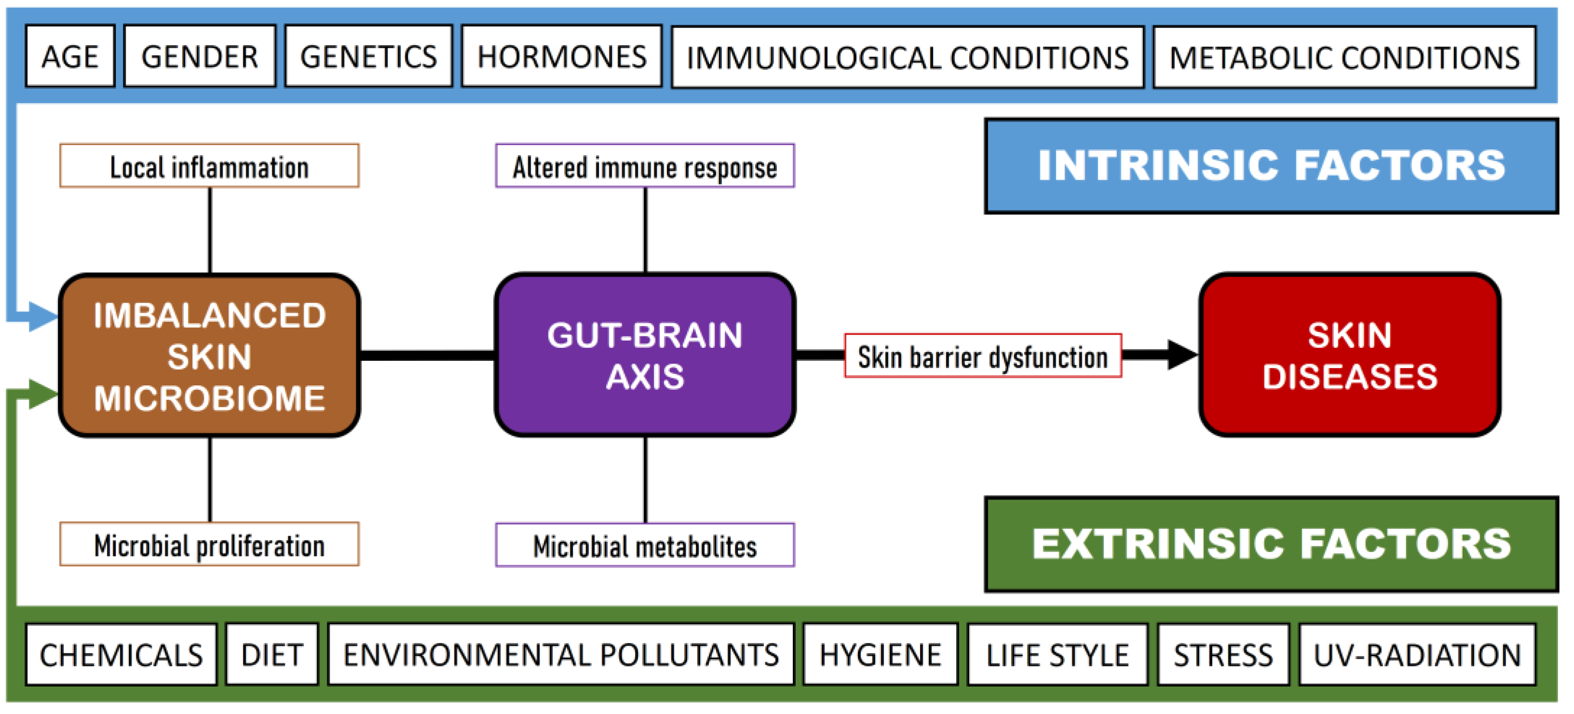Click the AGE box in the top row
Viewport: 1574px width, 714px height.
[x=70, y=57]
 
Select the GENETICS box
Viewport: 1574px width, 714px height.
[x=369, y=57]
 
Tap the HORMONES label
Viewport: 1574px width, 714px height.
[x=561, y=57]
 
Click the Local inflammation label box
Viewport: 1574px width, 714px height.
[x=210, y=166]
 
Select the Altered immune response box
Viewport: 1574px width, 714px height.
[x=645, y=166]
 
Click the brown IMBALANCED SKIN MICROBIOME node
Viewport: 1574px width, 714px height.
[x=210, y=356]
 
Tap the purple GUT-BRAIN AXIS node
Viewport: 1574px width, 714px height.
[x=645, y=356]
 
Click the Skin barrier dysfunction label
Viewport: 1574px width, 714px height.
[x=983, y=356]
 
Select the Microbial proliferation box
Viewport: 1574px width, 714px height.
[x=210, y=545]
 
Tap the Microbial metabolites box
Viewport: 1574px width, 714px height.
[x=645, y=545]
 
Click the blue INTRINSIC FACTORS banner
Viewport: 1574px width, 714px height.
[x=1271, y=166]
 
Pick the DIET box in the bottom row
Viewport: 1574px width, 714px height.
[x=272, y=655]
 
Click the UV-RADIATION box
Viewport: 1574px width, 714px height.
[x=1417, y=655]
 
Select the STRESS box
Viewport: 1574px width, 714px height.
[x=1223, y=655]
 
